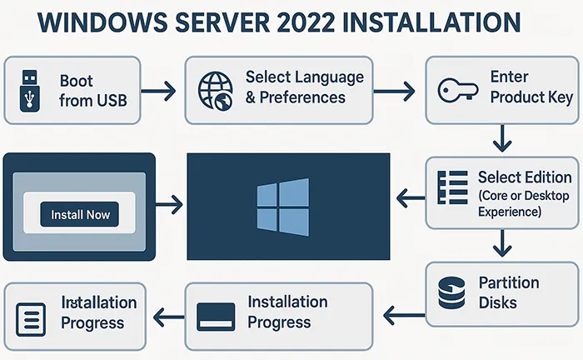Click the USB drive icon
click(x=29, y=90)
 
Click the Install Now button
click(x=80, y=215)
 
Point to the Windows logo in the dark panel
click(x=283, y=205)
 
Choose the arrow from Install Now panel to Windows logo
click(x=170, y=202)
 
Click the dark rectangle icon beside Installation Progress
click(x=217, y=315)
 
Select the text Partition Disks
click(x=509, y=292)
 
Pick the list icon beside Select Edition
click(x=453, y=187)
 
